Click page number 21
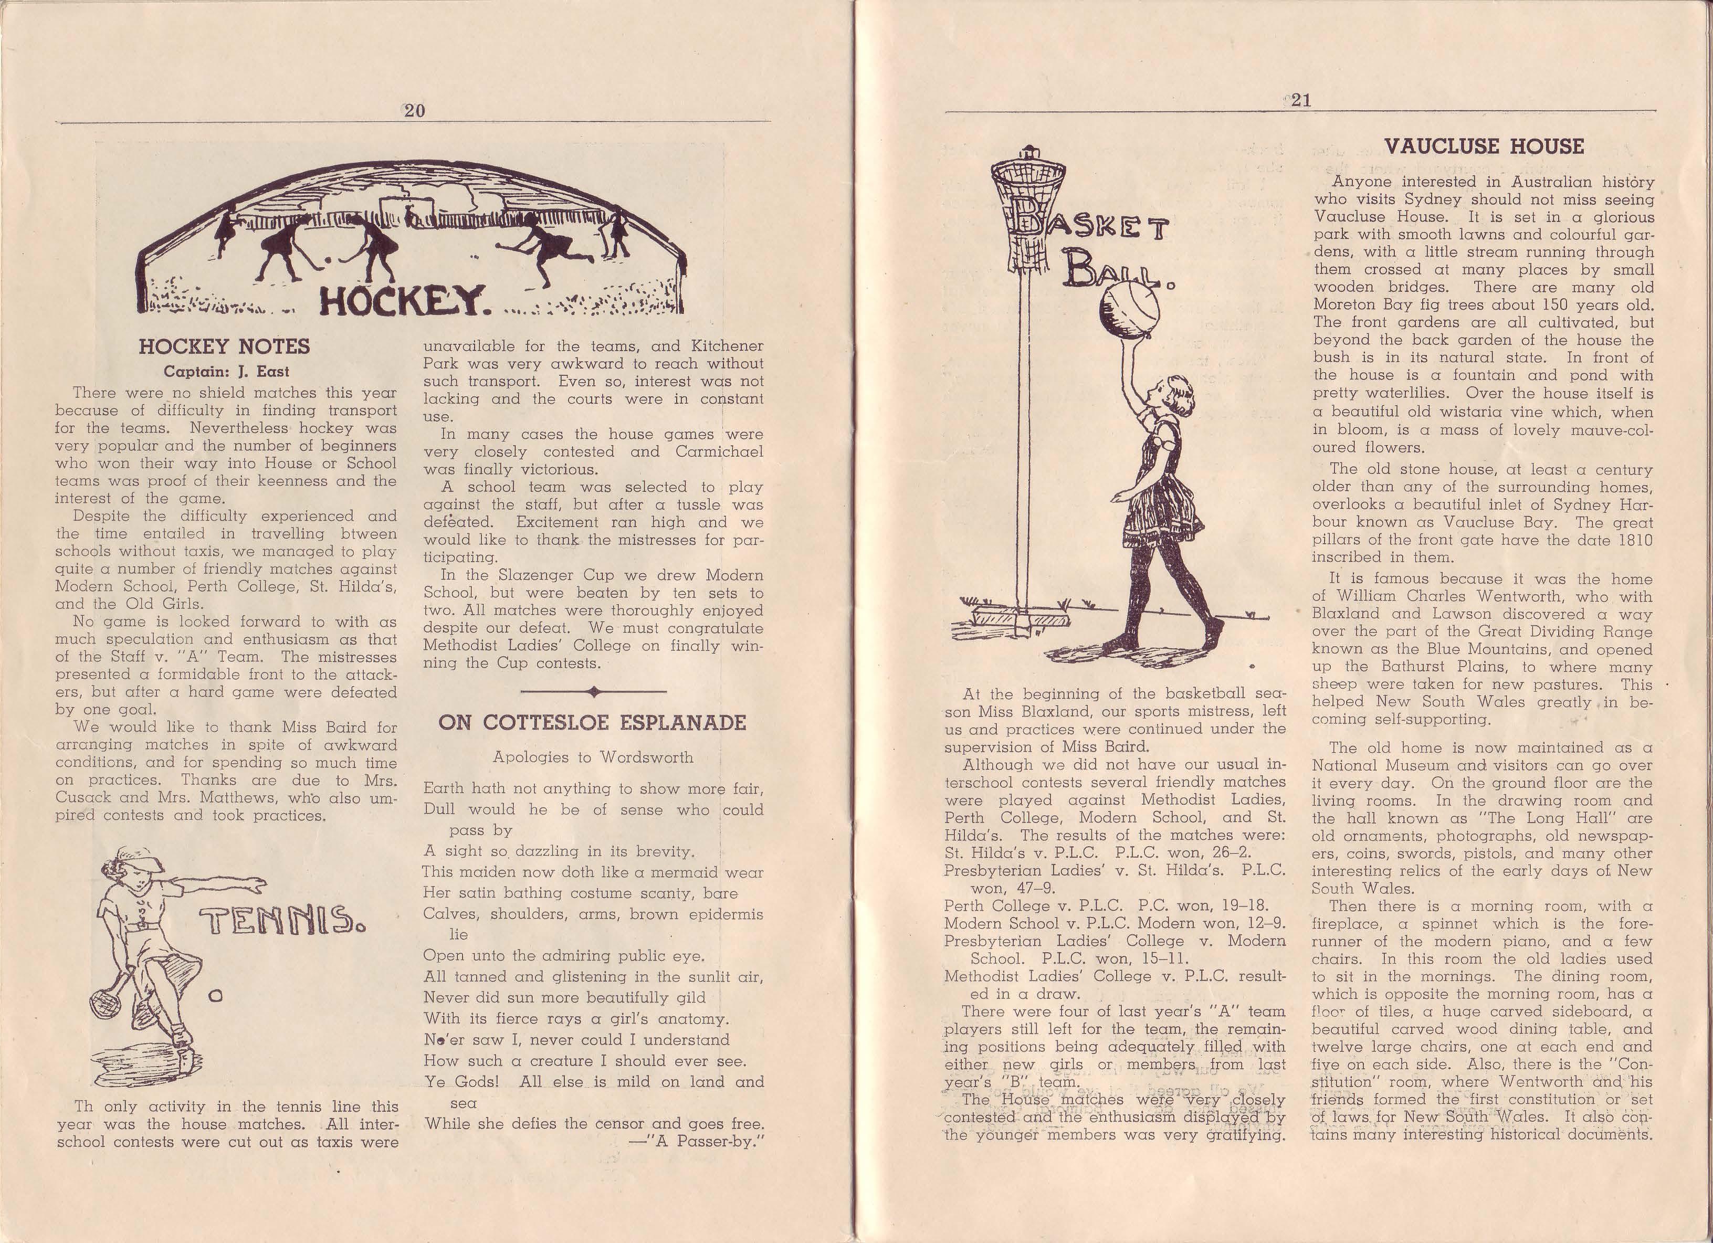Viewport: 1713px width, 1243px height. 1300,100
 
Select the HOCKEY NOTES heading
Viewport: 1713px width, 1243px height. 224,346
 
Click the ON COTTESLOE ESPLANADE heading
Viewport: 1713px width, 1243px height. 592,723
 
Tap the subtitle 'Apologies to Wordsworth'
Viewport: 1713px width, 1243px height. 593,757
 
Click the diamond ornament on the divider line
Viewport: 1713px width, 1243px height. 594,691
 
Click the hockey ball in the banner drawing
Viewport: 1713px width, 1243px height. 328,260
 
